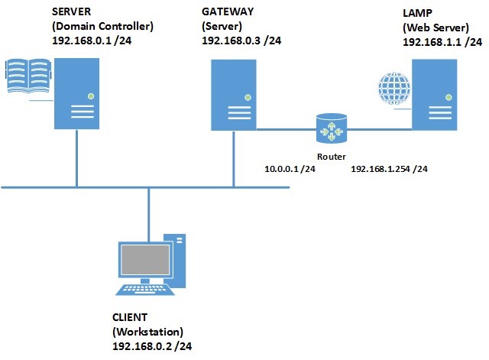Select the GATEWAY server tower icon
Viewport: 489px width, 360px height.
233,96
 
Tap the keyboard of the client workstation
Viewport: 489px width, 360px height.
141,290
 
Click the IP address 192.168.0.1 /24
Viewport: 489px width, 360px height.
89,39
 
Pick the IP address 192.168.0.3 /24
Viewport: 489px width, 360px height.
241,39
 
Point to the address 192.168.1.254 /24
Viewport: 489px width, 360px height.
388,167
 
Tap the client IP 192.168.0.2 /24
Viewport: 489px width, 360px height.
151,345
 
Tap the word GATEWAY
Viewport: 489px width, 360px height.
228,13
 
